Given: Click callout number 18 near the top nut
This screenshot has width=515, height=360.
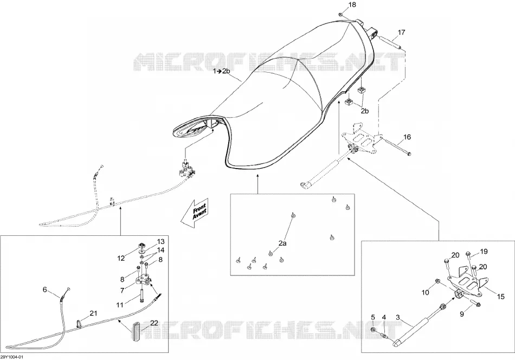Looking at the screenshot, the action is point(352,5).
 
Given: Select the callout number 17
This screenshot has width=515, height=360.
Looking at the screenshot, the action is point(401,32).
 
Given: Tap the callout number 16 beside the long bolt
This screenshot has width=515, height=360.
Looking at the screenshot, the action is point(407,137).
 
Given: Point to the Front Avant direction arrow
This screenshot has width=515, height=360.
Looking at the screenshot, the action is point(195,213).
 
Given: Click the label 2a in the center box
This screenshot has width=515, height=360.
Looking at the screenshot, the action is point(282,243).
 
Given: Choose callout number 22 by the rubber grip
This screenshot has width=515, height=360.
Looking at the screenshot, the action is point(154,323).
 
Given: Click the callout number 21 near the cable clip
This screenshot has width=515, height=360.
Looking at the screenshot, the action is point(94,313).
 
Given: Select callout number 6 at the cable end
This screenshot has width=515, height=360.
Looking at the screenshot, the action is point(44,290).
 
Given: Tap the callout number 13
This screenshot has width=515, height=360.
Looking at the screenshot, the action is point(160,242).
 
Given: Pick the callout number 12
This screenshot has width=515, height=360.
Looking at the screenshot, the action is point(121,259).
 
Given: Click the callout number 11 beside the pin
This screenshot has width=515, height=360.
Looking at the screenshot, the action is point(120,305).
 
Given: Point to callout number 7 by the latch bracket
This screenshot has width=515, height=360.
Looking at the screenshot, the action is point(122,291).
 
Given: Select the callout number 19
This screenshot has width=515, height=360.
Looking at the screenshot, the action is point(484,252).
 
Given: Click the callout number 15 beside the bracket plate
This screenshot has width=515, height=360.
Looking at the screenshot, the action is point(500,297).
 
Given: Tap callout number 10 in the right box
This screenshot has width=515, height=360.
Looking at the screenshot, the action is point(426,292).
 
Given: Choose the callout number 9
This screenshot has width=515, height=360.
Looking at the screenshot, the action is point(462,314).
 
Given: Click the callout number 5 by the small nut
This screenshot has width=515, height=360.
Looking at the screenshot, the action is point(373,317).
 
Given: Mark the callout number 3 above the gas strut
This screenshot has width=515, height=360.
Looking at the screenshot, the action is point(398,317).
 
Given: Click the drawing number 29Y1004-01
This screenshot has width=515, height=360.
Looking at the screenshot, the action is point(12,357).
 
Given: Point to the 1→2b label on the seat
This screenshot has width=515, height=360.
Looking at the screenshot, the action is point(221,71).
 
